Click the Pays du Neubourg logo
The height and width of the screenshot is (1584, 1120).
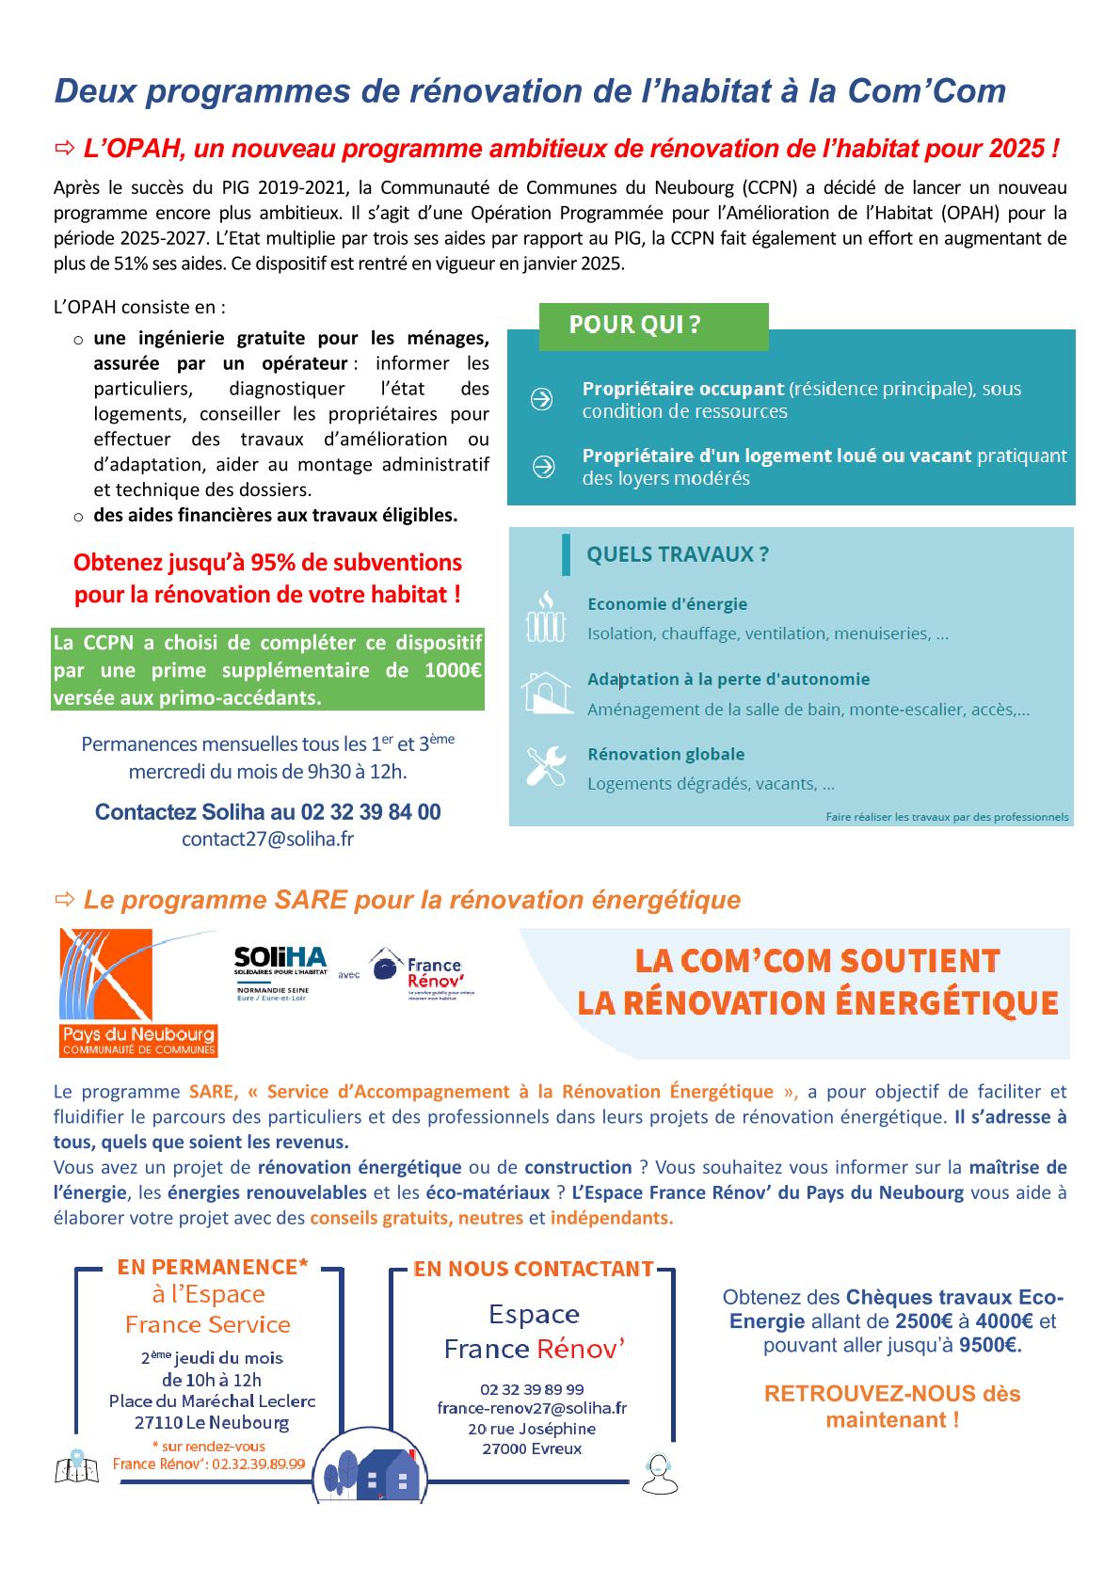pyautogui.click(x=138, y=992)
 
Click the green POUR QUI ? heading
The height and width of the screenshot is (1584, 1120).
pyautogui.click(x=635, y=326)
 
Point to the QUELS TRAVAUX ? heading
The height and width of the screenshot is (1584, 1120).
pyautogui.click(x=678, y=554)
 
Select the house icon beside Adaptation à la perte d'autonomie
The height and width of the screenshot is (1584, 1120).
pyautogui.click(x=547, y=693)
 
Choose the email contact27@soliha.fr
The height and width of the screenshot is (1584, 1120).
pyautogui.click(x=268, y=839)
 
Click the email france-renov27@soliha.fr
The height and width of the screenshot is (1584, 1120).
pyautogui.click(x=532, y=1409)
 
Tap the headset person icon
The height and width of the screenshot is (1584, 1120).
pyautogui.click(x=659, y=1473)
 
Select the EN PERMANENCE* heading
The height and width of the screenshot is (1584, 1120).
pyautogui.click(x=213, y=1267)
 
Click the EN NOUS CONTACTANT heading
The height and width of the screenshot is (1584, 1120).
pyautogui.click(x=534, y=1269)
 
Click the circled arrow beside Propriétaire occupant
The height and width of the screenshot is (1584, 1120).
pyautogui.click(x=542, y=400)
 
